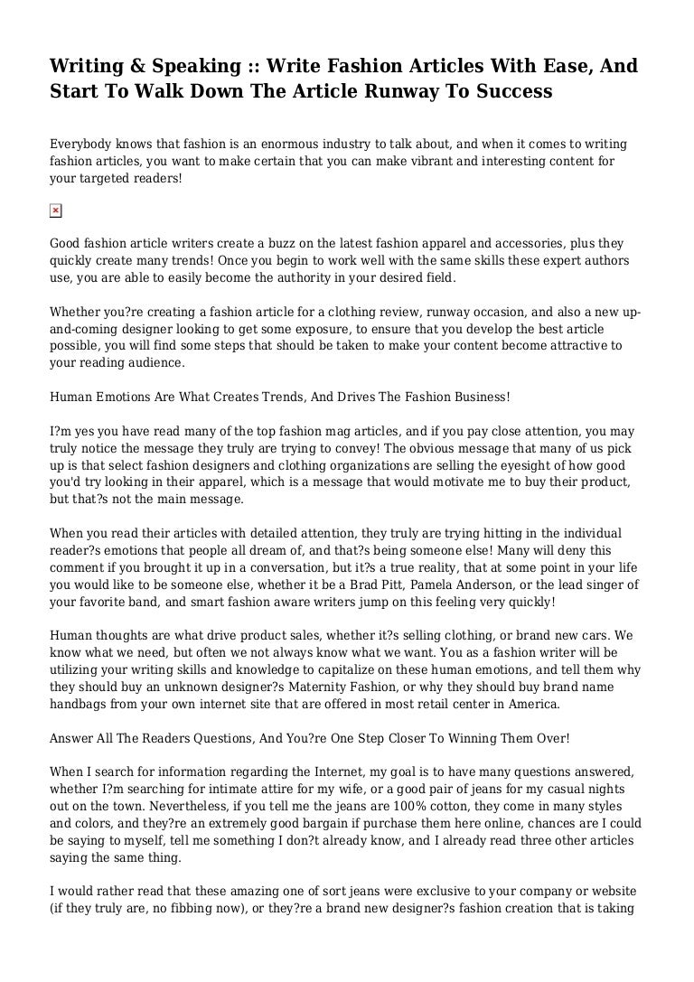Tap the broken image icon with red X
[x=55, y=211]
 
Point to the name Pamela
[x=434, y=585]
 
